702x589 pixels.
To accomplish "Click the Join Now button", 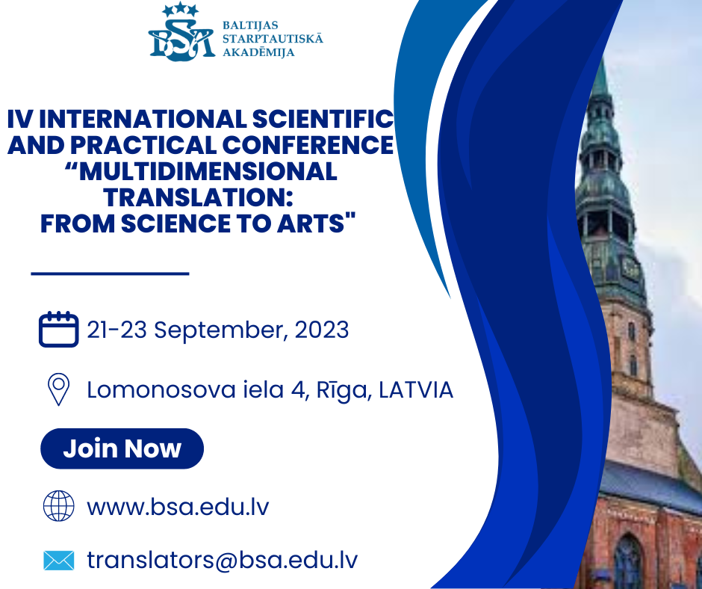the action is point(122,448).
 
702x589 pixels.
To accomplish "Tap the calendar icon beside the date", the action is point(59,329).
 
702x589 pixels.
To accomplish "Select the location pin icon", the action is point(58,389).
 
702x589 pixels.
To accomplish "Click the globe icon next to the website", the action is point(59,506).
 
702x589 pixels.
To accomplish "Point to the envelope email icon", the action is point(59,561).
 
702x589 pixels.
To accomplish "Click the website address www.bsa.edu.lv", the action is point(178,507).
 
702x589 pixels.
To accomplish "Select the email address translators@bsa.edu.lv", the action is point(222,561).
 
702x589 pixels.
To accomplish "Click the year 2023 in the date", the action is point(321,330).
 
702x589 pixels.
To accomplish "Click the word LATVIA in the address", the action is point(416,390).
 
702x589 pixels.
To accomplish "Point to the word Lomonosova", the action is point(161,389).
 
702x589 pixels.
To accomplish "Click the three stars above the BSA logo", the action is point(181,10).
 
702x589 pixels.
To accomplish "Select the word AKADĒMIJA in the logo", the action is point(259,52).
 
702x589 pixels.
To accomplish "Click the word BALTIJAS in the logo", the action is point(250,25).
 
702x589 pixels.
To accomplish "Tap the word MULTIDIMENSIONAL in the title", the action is point(201,172).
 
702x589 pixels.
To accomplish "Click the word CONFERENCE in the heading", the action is point(308,145).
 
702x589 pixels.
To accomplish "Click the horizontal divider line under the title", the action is point(110,273).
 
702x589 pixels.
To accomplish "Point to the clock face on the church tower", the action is point(630,269).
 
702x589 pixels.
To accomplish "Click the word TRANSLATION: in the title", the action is point(199,197).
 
